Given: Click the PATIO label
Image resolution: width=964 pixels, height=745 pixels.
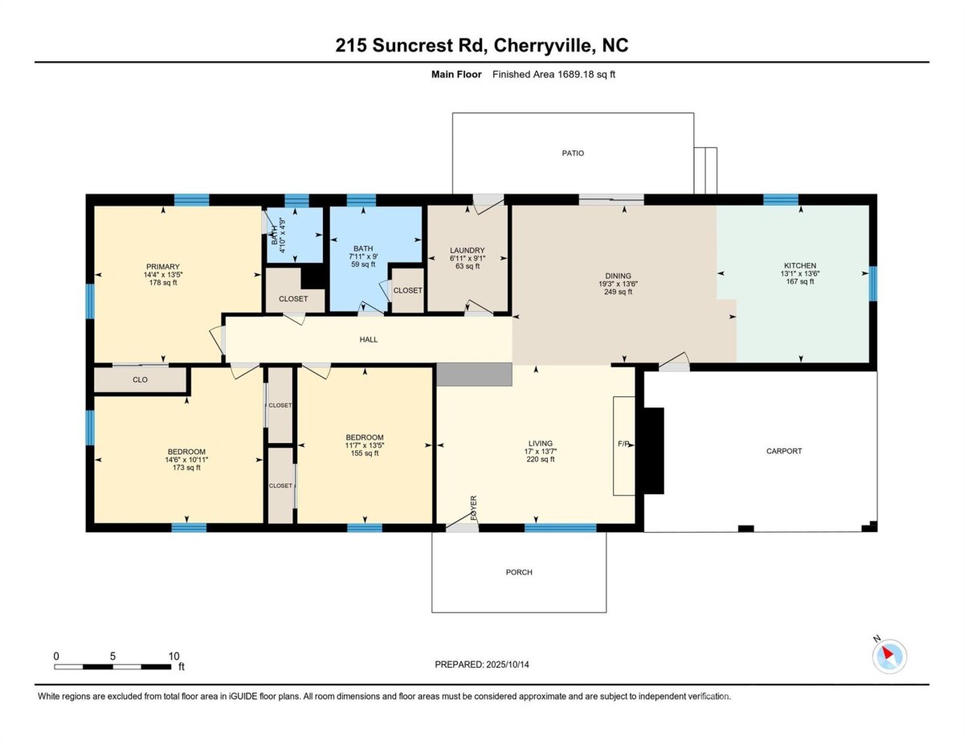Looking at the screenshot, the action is pos(573,153).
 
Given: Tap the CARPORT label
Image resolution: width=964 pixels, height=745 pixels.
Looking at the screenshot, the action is pos(784,451).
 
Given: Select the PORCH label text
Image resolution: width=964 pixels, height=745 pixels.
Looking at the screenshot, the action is pos(519,572).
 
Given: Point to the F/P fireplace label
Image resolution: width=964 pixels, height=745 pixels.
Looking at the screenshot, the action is pos(623,444).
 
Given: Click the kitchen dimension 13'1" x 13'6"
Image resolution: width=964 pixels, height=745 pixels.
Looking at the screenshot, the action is pos(800,274).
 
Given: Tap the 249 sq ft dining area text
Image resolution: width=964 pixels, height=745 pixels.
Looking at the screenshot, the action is pos(618,292).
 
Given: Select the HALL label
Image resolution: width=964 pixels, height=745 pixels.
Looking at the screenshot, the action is pos(369,339).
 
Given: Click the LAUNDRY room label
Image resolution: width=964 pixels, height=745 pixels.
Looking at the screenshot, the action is pos(468,250).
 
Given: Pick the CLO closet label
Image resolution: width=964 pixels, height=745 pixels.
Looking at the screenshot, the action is pos(141,380).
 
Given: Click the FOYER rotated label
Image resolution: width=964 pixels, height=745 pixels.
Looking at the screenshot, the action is pos(473,508).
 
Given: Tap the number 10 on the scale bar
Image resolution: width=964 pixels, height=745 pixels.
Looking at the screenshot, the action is pos(174,656).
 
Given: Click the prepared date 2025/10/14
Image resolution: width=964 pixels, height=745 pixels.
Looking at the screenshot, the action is pos(508,665).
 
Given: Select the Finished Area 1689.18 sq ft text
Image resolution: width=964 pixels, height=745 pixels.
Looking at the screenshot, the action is pos(553,75).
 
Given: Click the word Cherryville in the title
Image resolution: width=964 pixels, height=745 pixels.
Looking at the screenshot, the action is pos(541,46).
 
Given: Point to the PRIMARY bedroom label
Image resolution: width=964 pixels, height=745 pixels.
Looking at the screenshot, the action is pos(163,267).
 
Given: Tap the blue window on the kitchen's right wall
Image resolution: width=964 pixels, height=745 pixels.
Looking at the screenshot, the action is pos(872,284).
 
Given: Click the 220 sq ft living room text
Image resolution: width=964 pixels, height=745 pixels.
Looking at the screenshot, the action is pos(541,459).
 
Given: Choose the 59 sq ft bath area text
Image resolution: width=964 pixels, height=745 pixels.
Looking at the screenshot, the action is pos(363,264).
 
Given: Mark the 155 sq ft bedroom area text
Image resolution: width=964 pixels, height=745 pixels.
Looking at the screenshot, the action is pos(365,453).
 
